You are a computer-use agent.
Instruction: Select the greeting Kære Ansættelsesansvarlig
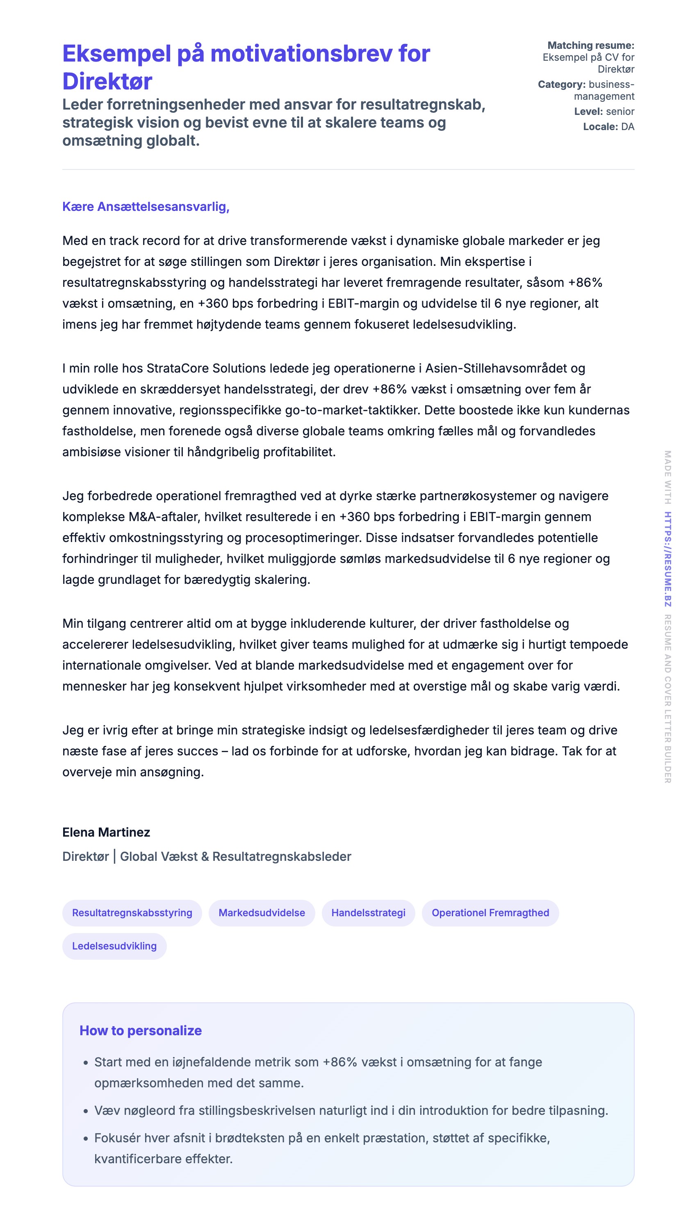coord(146,207)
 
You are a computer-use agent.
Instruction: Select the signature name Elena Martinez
coord(106,833)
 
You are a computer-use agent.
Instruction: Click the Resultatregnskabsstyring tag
coord(132,913)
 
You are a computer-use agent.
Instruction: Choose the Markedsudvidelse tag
coord(262,913)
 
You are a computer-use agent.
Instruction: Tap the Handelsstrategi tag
coord(368,913)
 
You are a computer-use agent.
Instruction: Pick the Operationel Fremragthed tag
coord(490,913)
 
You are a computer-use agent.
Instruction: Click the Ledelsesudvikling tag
coord(114,946)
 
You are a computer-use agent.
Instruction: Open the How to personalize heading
coord(140,1031)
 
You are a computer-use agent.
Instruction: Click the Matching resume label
coord(591,46)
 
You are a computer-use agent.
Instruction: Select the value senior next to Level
coord(620,112)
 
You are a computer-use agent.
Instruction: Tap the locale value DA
coord(628,127)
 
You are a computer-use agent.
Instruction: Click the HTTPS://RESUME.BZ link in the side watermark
coord(668,559)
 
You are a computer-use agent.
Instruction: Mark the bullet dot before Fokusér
coord(86,1138)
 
